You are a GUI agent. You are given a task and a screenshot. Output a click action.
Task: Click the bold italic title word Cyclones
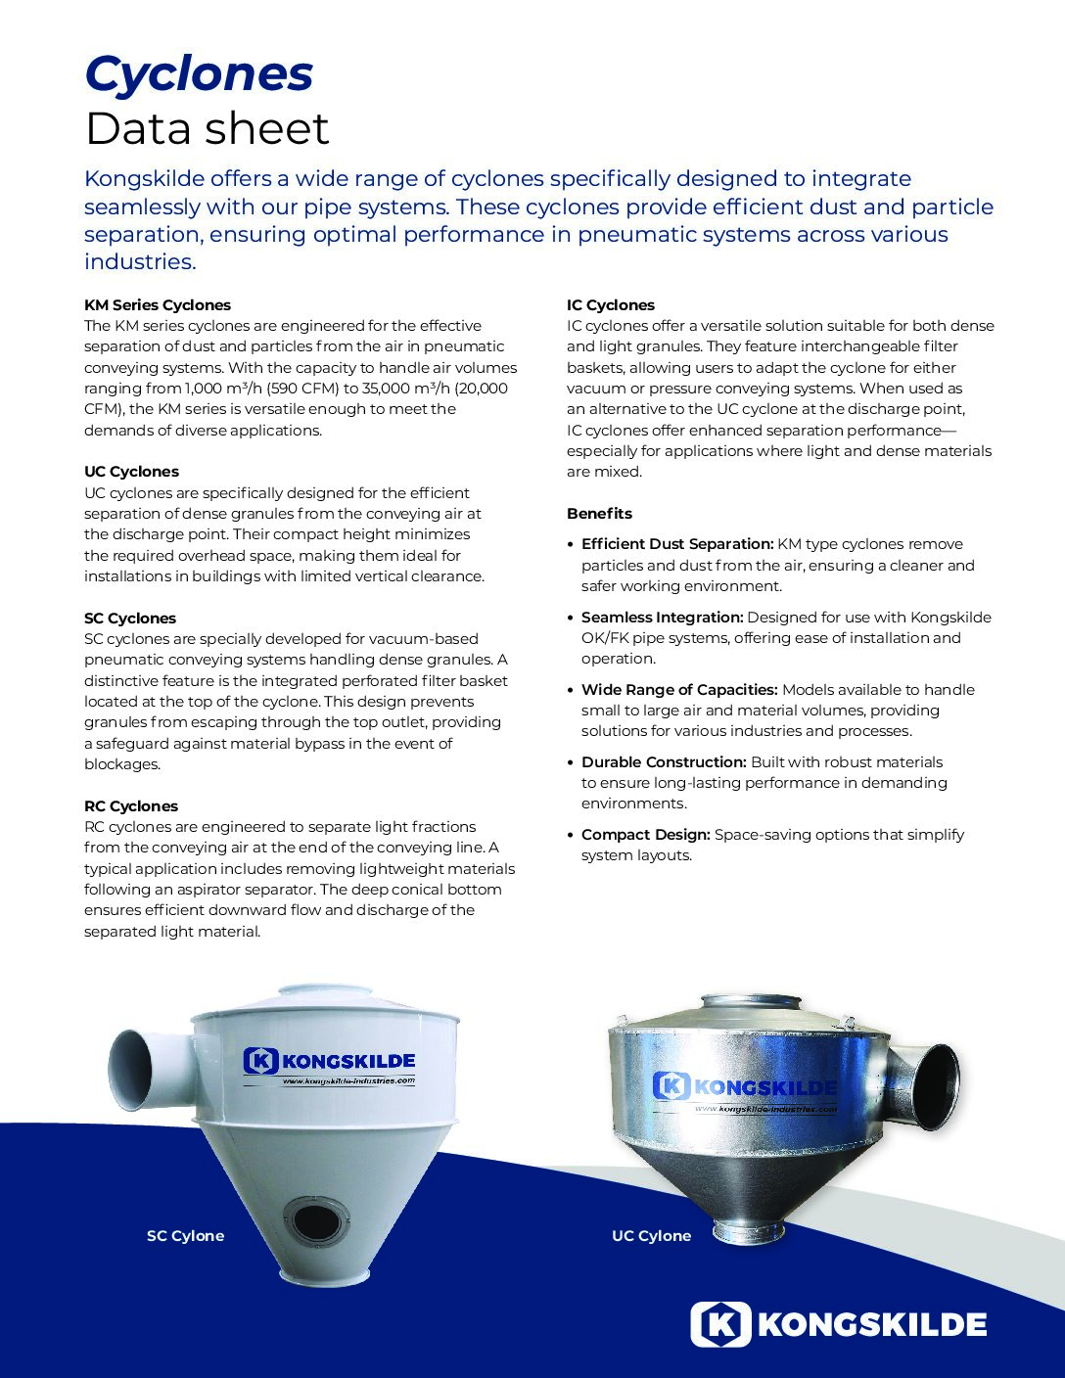199,74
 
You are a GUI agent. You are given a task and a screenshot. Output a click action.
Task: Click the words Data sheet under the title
207,128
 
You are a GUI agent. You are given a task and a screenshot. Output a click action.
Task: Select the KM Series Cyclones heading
158,305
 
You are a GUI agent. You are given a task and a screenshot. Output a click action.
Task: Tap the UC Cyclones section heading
131,472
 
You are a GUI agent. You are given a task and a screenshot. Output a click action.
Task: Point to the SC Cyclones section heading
130,619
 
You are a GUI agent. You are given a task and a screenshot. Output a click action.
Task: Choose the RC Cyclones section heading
131,806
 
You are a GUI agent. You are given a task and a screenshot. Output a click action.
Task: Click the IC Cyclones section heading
611,305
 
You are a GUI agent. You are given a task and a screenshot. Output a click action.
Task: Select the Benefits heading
599,514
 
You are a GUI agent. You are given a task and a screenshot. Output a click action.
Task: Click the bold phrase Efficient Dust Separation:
677,544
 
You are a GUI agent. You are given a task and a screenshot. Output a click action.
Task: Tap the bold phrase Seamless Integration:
662,618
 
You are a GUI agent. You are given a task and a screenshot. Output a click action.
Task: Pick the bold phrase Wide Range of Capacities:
679,690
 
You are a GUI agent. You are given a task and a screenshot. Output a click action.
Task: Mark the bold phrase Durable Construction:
664,762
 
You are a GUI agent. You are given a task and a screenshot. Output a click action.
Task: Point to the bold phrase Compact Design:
645,835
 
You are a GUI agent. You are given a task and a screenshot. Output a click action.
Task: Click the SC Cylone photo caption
185,1236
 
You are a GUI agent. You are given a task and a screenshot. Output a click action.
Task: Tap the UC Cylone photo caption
651,1236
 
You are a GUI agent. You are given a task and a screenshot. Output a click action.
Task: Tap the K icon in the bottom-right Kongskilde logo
720,1324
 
